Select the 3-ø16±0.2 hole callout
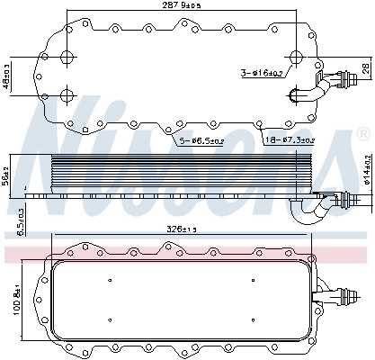pyautogui.click(x=264, y=72)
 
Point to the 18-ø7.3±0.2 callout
pyautogui.click(x=289, y=140)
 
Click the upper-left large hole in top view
pyautogui.click(x=67, y=58)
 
